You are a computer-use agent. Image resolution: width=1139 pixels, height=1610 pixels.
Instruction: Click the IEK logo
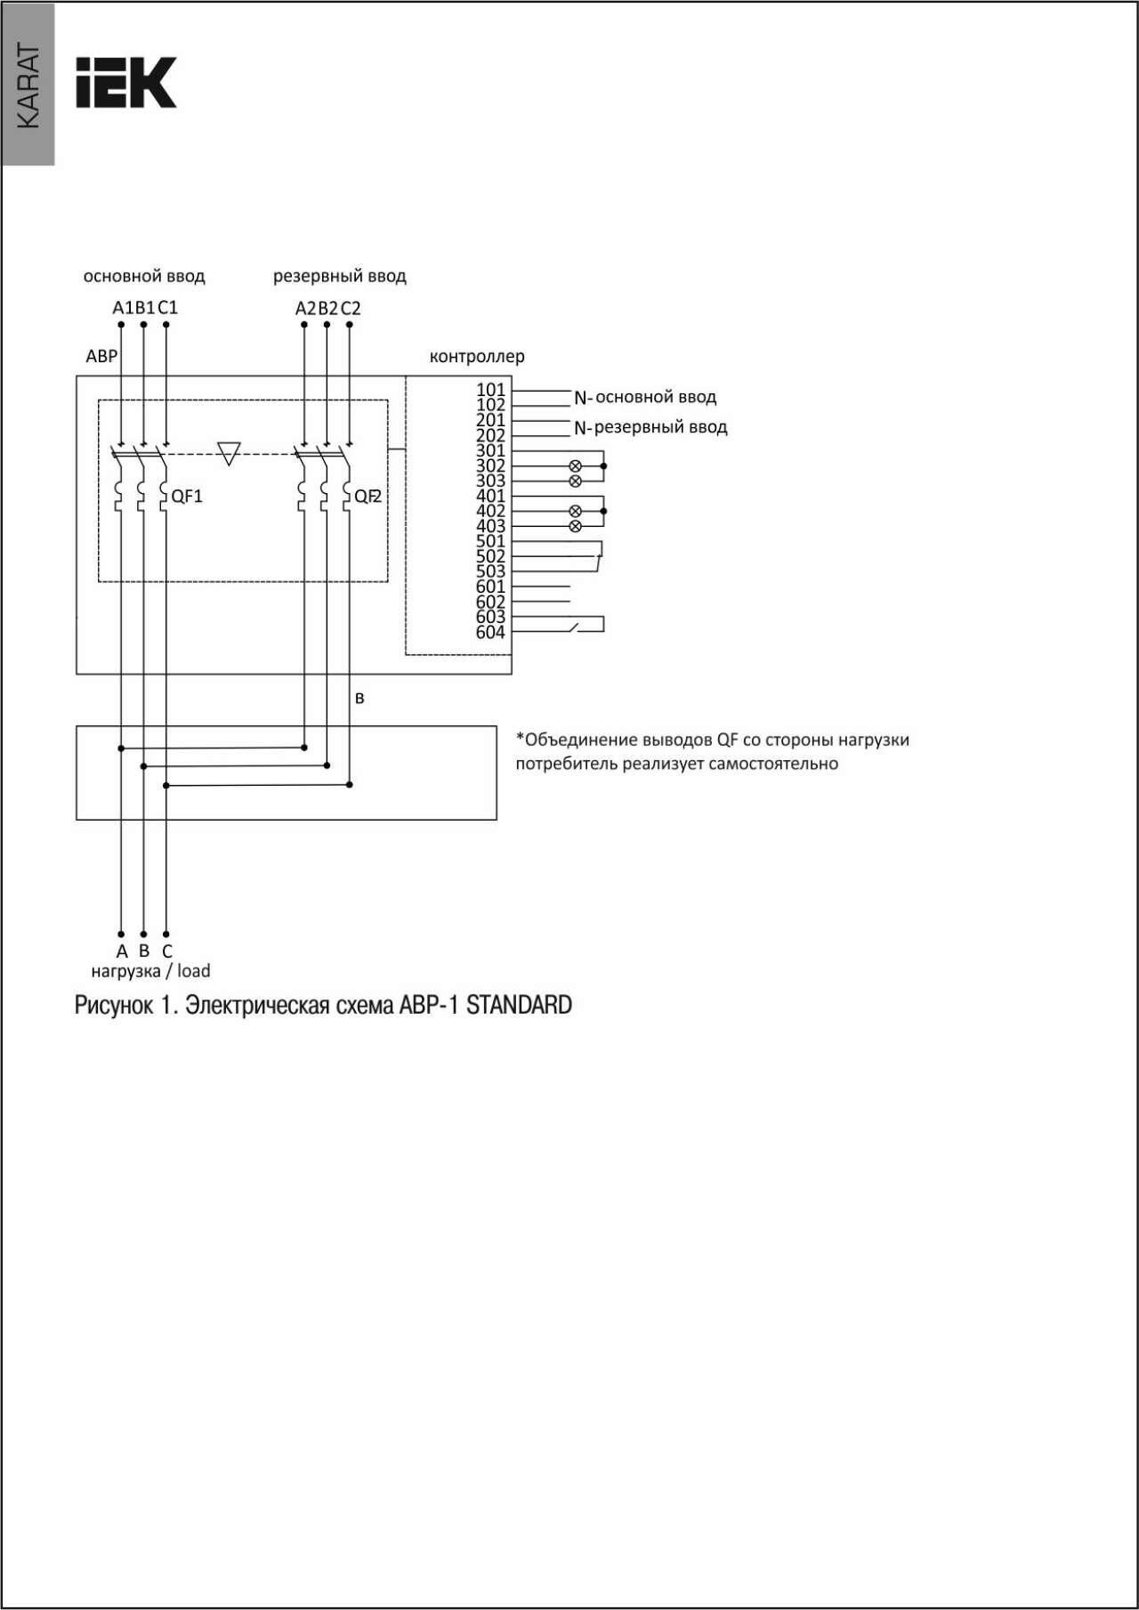coord(125,83)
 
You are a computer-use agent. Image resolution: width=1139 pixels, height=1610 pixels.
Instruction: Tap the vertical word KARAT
coord(28,86)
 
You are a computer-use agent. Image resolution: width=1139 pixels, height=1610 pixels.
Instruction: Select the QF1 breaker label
coord(187,497)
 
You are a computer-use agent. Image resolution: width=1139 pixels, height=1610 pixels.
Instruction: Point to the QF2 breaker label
coord(368,497)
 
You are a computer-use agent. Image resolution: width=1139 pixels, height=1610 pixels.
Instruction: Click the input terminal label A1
coord(123,307)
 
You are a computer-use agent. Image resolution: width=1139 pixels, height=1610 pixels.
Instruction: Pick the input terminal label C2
coord(351,308)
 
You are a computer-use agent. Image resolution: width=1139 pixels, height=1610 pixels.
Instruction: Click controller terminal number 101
coord(490,390)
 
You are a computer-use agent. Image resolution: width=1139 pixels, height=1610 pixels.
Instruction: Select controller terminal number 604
coord(490,632)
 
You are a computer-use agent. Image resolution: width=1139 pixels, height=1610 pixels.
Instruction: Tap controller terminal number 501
coord(490,541)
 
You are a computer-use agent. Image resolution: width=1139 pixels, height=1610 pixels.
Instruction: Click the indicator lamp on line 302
coord(575,465)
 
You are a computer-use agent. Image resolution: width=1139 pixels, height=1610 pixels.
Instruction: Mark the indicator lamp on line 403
coord(575,526)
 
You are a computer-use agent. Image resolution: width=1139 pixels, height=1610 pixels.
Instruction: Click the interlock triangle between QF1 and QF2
coord(229,453)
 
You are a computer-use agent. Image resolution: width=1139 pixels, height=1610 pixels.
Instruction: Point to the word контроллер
coord(477,357)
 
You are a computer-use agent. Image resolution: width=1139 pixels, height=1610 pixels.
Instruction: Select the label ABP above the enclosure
coord(101,356)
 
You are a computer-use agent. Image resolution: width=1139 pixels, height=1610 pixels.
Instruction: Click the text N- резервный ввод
coord(650,427)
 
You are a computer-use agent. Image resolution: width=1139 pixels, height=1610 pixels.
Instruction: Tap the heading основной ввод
coord(144,276)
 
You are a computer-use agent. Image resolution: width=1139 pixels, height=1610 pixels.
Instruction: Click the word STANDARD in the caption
coord(519,1005)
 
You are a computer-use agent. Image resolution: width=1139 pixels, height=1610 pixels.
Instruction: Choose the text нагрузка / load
coord(150,971)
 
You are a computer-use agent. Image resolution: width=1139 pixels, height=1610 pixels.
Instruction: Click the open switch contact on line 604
coord(574,628)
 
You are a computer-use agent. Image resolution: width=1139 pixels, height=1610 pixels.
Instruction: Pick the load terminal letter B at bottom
coord(144,951)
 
